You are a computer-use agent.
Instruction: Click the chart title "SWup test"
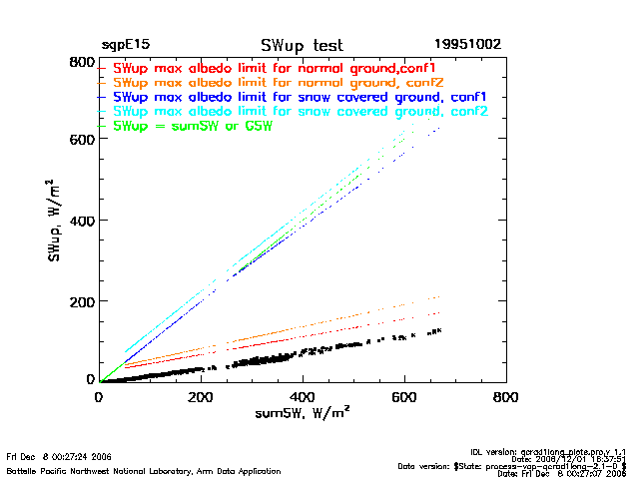tap(302, 46)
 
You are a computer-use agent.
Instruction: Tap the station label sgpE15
tap(124, 46)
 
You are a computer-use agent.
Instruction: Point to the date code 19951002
tap(467, 46)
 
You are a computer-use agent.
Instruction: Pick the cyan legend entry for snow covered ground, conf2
tap(300, 112)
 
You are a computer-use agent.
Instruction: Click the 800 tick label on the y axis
tap(80, 62)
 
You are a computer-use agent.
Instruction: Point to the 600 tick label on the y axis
tap(80, 140)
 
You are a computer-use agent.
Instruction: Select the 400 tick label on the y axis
tap(80, 221)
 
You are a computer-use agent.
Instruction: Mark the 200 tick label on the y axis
tap(80, 300)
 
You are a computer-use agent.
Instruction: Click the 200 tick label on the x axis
tap(201, 396)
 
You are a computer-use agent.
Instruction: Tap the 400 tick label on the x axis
tap(303, 396)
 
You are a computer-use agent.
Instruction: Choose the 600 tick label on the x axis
tap(404, 396)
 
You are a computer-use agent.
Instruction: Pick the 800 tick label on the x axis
tap(506, 396)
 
